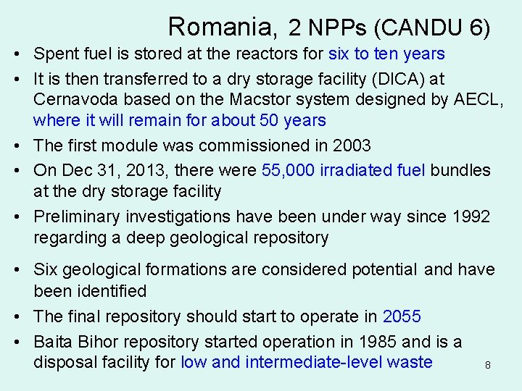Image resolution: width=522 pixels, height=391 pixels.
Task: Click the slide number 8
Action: tap(488, 366)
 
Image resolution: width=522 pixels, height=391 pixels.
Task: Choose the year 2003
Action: tap(351, 146)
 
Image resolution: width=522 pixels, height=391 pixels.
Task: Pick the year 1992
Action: tap(471, 216)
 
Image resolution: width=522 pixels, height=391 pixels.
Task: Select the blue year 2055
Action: tap(402, 316)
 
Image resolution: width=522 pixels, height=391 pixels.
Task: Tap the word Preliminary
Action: tap(78, 216)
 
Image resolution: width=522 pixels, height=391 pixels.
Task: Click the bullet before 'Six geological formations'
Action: tap(16, 270)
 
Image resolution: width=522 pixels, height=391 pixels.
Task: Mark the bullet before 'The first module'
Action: tap(16, 146)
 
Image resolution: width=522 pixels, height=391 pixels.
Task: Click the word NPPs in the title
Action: tap(339, 28)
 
